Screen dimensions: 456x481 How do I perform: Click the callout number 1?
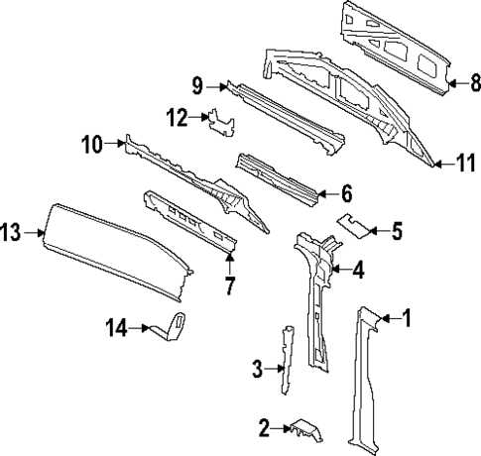click(x=406, y=318)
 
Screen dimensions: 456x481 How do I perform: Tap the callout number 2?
click(x=264, y=428)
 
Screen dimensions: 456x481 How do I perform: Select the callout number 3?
click(x=257, y=369)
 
